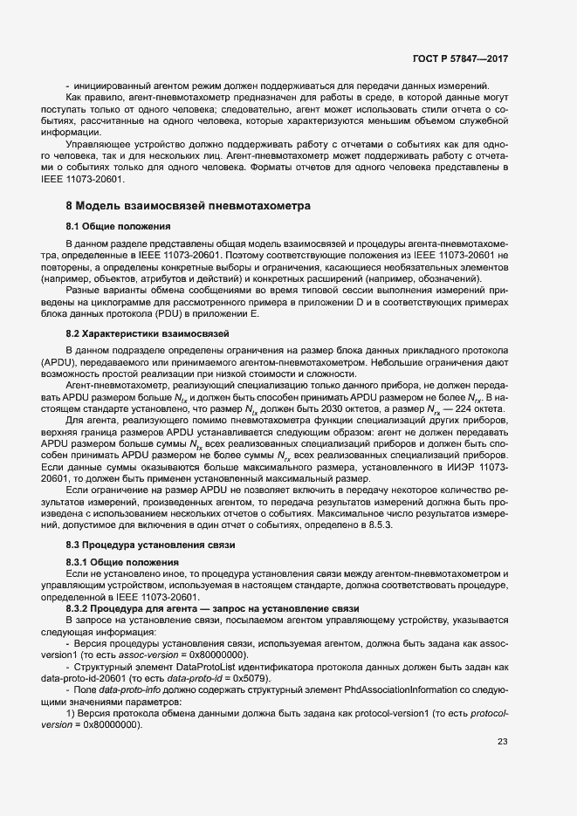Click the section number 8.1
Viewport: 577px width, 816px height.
coord(74,227)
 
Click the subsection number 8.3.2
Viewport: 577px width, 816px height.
coord(80,607)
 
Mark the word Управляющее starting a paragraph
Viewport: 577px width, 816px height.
coord(97,142)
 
